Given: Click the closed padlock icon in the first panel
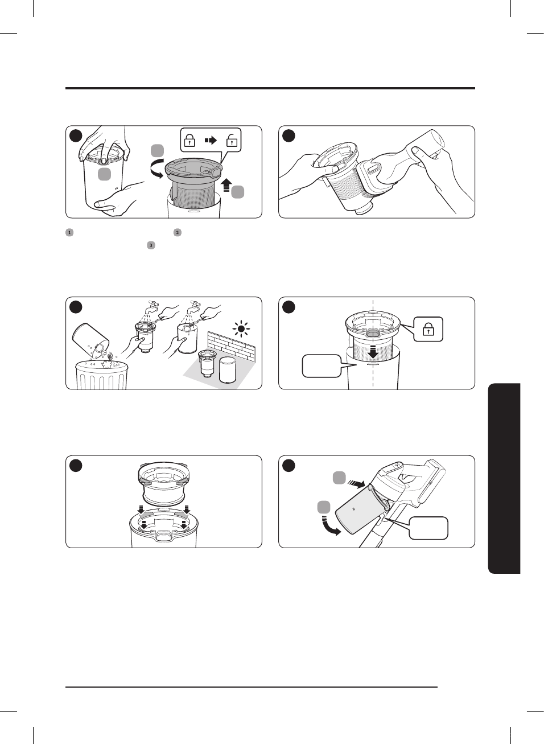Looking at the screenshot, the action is point(190,139).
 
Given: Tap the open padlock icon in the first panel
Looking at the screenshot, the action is point(232,139).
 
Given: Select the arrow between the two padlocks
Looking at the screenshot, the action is point(211,139).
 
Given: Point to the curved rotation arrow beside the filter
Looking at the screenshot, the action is point(155,168).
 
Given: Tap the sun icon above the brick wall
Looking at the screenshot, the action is point(241,329).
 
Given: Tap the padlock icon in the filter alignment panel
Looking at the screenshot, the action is point(428,330).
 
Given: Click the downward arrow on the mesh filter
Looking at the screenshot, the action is point(373,351).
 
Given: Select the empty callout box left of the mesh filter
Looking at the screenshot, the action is point(322,366).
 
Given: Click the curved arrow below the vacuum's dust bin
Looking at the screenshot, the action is point(331,527).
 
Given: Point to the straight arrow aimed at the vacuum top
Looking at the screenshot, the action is point(356,484).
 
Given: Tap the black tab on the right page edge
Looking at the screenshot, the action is point(504,478).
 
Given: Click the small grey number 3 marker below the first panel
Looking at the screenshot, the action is point(151,245).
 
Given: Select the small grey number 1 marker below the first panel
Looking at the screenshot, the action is point(69,232).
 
